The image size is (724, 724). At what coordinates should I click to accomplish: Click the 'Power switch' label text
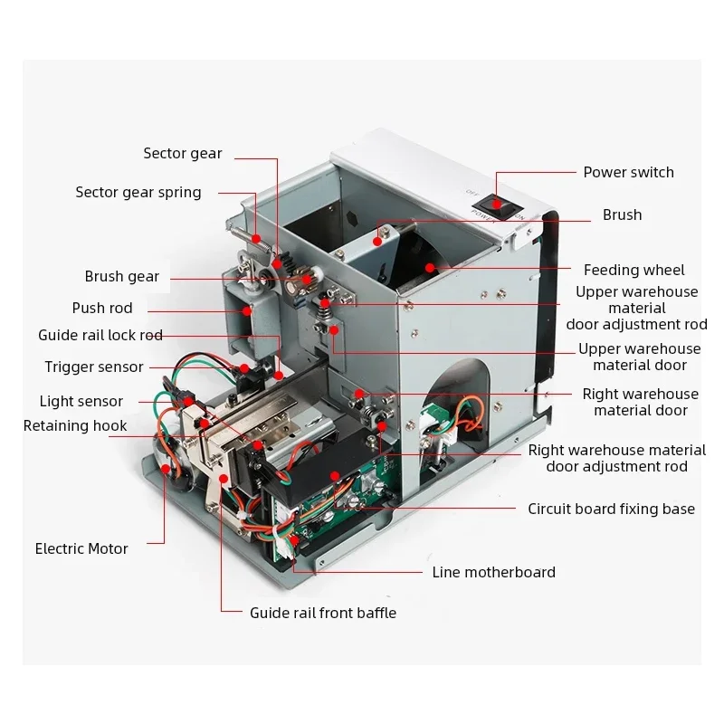(x=628, y=172)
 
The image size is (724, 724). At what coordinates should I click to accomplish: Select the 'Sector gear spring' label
(x=138, y=192)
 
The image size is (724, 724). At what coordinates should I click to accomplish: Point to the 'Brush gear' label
(x=122, y=276)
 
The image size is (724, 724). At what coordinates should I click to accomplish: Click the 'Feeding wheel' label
(x=634, y=270)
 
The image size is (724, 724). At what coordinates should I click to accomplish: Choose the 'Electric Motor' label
(x=81, y=548)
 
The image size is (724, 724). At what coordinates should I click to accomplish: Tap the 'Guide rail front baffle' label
(x=323, y=613)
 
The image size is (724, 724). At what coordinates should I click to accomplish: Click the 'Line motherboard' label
(x=493, y=572)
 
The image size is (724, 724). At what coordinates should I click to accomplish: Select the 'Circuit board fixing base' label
(x=612, y=509)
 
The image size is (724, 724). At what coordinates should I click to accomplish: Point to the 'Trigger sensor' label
(x=94, y=367)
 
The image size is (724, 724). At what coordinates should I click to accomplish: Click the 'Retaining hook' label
(x=75, y=425)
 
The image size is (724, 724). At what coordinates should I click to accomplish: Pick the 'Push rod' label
(x=102, y=308)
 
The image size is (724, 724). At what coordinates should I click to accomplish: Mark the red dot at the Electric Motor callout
(x=166, y=469)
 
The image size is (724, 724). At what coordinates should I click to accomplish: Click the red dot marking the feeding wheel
(x=430, y=267)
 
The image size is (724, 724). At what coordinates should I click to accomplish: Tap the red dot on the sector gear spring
(x=256, y=239)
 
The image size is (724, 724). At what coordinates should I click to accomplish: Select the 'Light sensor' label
(x=81, y=401)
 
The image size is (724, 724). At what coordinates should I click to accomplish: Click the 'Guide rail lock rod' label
(x=100, y=335)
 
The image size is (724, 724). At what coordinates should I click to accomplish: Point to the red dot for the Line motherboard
(x=294, y=540)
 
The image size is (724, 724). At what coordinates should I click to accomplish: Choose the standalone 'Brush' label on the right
(x=622, y=214)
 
